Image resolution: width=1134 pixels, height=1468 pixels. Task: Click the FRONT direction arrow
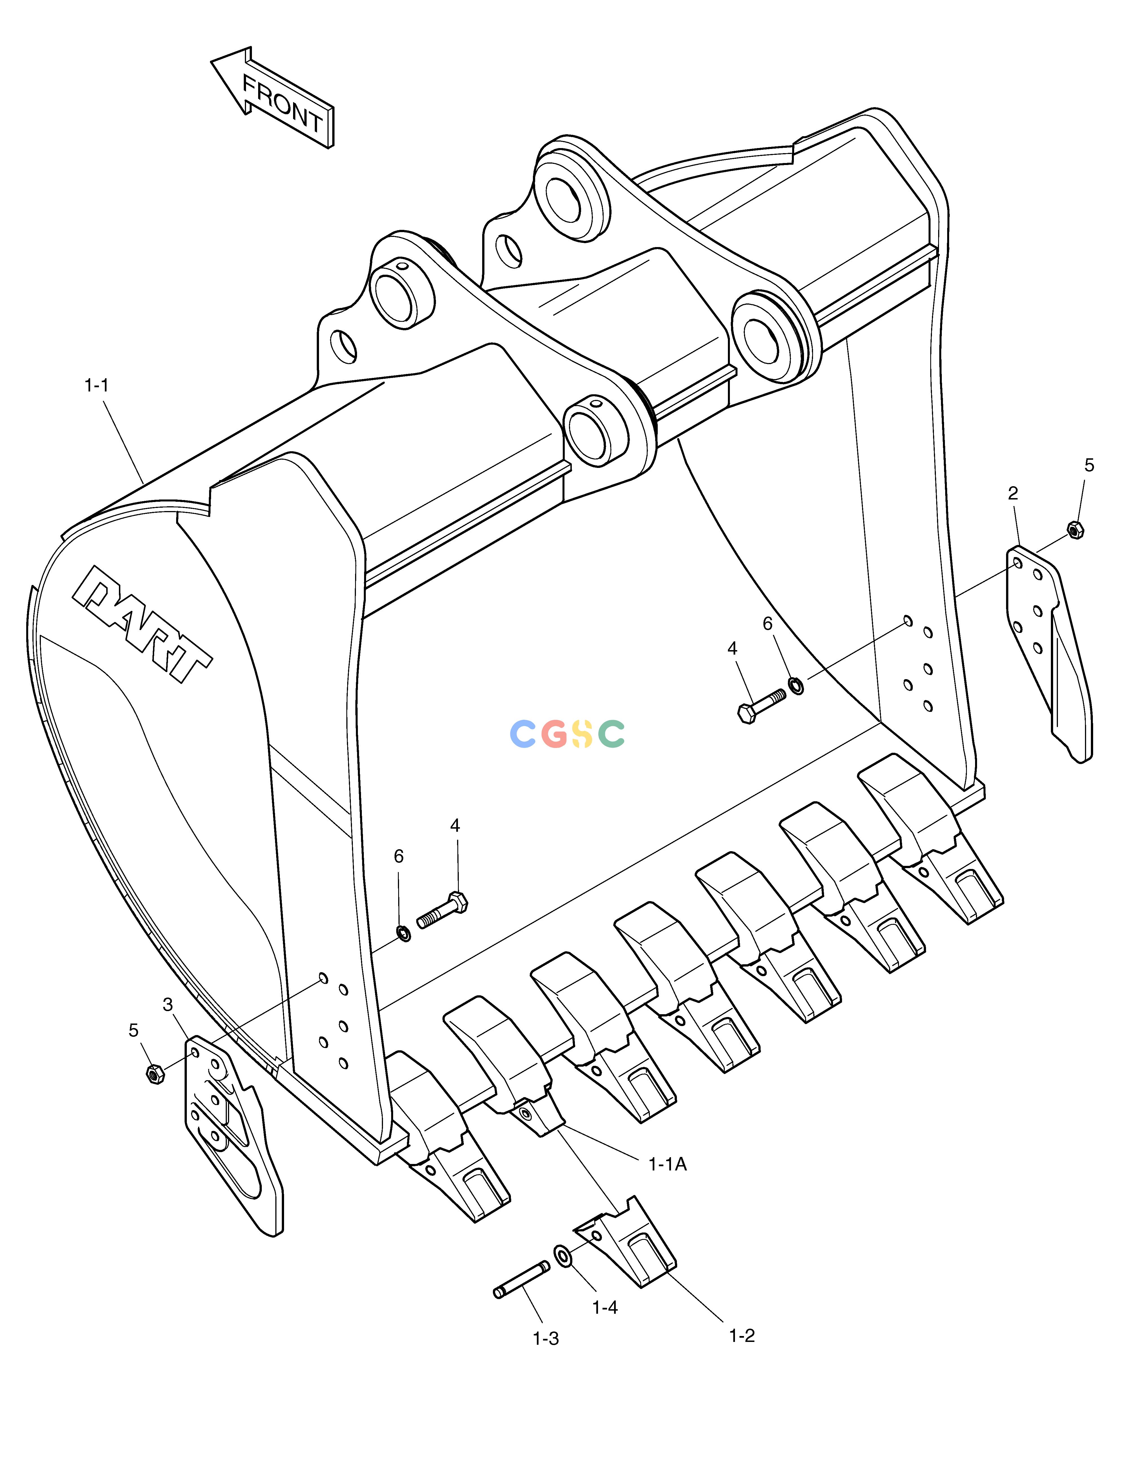tap(272, 98)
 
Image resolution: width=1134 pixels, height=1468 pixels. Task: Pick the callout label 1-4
tap(604, 1307)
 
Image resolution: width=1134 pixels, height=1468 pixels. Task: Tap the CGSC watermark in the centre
tap(567, 733)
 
